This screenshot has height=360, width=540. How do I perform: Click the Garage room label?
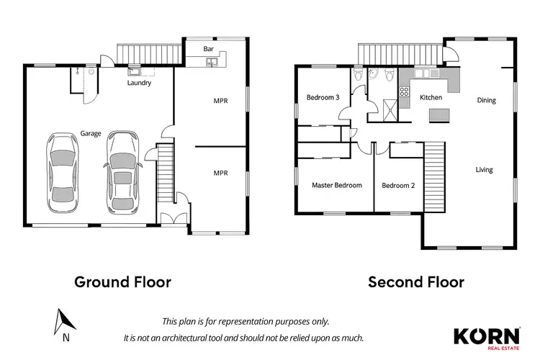pos(91,133)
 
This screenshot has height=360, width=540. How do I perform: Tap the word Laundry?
pos(139,83)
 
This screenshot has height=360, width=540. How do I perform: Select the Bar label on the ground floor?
pos(209,49)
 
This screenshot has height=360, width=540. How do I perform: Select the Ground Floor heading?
pos(123,282)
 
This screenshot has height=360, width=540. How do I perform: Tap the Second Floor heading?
pos(416,282)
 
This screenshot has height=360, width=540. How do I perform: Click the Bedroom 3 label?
pos(323,97)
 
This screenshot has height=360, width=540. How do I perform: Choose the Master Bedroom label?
pos(336,185)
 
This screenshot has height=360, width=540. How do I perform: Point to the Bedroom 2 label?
pos(399,185)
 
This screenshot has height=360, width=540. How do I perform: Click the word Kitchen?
pos(431,96)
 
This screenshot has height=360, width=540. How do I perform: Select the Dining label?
pos(487,100)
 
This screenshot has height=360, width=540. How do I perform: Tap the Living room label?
pos(484,170)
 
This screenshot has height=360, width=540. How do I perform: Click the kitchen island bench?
pos(438,115)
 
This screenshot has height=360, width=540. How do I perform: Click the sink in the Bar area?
pos(212,63)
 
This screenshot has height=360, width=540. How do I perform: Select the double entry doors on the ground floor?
pos(169,220)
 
